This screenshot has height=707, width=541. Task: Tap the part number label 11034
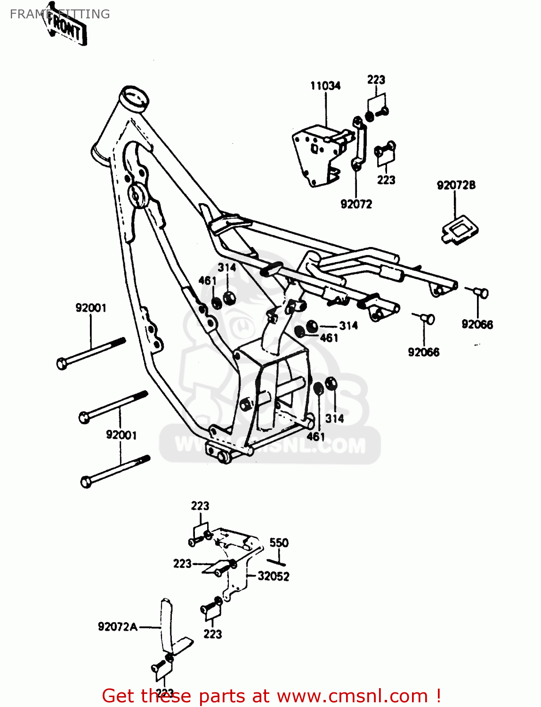coord(325,86)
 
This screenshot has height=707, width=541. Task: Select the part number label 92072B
coord(456,185)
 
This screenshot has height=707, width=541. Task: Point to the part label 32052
coord(273,576)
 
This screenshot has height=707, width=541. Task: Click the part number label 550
coord(279,543)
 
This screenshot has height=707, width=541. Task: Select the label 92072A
coord(118,626)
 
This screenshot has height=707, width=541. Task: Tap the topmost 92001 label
coord(91,308)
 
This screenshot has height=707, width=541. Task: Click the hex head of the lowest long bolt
coord(86,482)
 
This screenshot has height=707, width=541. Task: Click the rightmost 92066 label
coord(477,324)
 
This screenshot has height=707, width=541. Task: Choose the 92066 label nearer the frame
coord(423,352)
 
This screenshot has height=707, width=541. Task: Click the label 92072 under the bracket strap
coord(356,204)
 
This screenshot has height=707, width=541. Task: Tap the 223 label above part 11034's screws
coord(376,80)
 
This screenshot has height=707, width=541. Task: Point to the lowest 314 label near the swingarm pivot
coord(334,418)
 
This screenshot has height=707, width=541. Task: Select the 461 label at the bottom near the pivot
coord(315,436)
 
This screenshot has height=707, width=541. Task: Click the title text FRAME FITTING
coord(60,14)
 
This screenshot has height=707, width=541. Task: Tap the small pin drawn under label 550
coord(277,562)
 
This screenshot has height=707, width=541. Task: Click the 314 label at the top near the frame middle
coord(226,268)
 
